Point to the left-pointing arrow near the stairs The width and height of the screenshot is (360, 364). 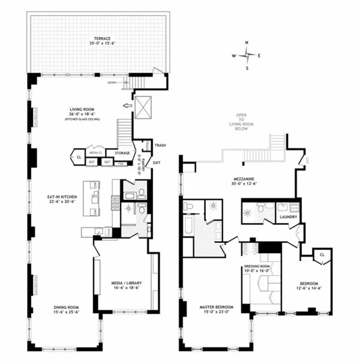127,106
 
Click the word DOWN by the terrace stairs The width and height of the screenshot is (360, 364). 112,83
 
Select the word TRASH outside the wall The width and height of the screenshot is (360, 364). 160,145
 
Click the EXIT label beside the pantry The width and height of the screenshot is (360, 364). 157,163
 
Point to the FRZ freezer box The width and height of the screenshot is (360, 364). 120,162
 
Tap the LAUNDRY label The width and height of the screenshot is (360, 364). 288,217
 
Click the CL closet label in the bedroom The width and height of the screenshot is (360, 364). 322,254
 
